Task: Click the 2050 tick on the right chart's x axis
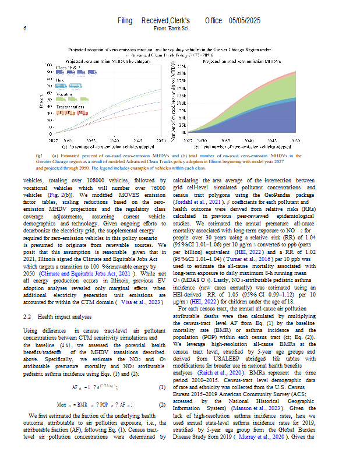pyautogui.click(x=295, y=140)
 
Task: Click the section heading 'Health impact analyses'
pyautogui.click(x=65, y=316)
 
